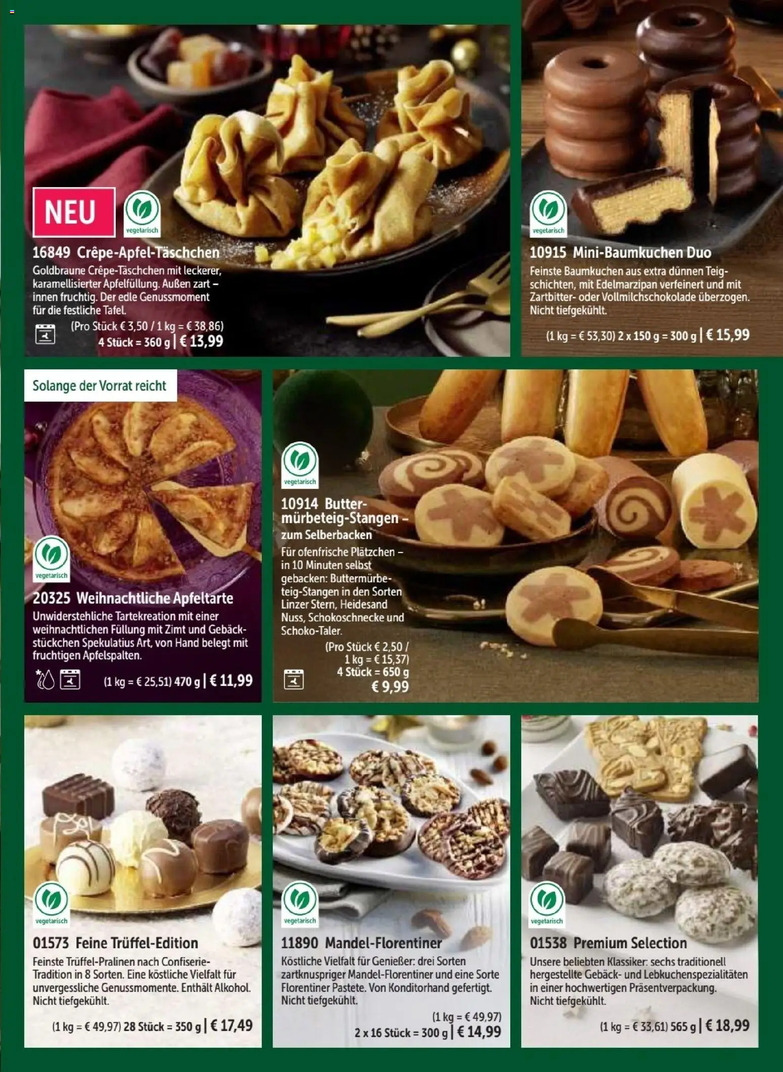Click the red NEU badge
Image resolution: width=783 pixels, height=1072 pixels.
point(74,212)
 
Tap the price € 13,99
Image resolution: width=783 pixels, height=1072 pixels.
point(201,341)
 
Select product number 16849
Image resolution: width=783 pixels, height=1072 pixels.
point(51,253)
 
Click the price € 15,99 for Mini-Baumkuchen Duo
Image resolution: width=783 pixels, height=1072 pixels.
point(727,335)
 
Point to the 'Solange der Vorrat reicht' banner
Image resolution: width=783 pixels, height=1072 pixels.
point(100,386)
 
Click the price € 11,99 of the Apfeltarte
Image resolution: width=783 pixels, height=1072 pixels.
point(231,680)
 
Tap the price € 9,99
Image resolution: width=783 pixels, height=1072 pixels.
point(389,686)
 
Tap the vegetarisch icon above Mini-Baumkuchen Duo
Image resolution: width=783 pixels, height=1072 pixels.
point(549,213)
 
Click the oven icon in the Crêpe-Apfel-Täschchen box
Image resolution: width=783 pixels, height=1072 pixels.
point(45,335)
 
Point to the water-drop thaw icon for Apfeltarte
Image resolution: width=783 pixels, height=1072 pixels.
point(45,680)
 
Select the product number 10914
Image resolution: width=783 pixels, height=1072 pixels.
point(300,504)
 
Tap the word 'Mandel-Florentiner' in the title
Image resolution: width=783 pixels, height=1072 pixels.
point(383,943)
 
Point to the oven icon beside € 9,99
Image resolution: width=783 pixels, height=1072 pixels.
point(293,679)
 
